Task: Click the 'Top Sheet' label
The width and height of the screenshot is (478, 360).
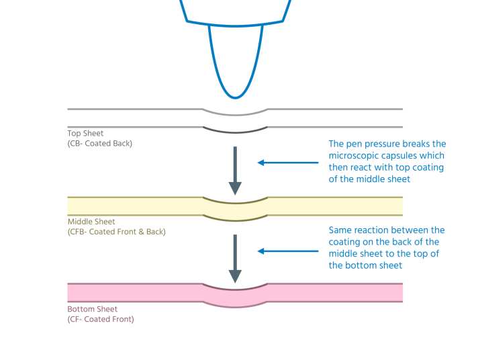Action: point(85,134)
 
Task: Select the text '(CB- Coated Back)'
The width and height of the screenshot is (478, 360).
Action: point(99,144)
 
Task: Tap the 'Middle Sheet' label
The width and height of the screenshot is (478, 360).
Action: point(91,222)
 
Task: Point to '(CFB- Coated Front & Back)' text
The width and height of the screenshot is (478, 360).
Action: point(116,232)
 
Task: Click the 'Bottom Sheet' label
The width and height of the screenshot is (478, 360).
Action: point(93,309)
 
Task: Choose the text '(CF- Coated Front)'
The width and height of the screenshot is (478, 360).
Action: point(101,319)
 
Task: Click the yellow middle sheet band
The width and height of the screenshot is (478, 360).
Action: point(134,206)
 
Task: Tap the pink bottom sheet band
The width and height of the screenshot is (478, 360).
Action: point(134,292)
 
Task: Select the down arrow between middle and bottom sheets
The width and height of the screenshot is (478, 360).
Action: point(235,258)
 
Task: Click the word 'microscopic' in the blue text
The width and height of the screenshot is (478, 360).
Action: point(353,156)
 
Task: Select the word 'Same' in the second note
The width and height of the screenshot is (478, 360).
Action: point(340,230)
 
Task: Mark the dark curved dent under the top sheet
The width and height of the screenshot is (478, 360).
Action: point(235,130)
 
